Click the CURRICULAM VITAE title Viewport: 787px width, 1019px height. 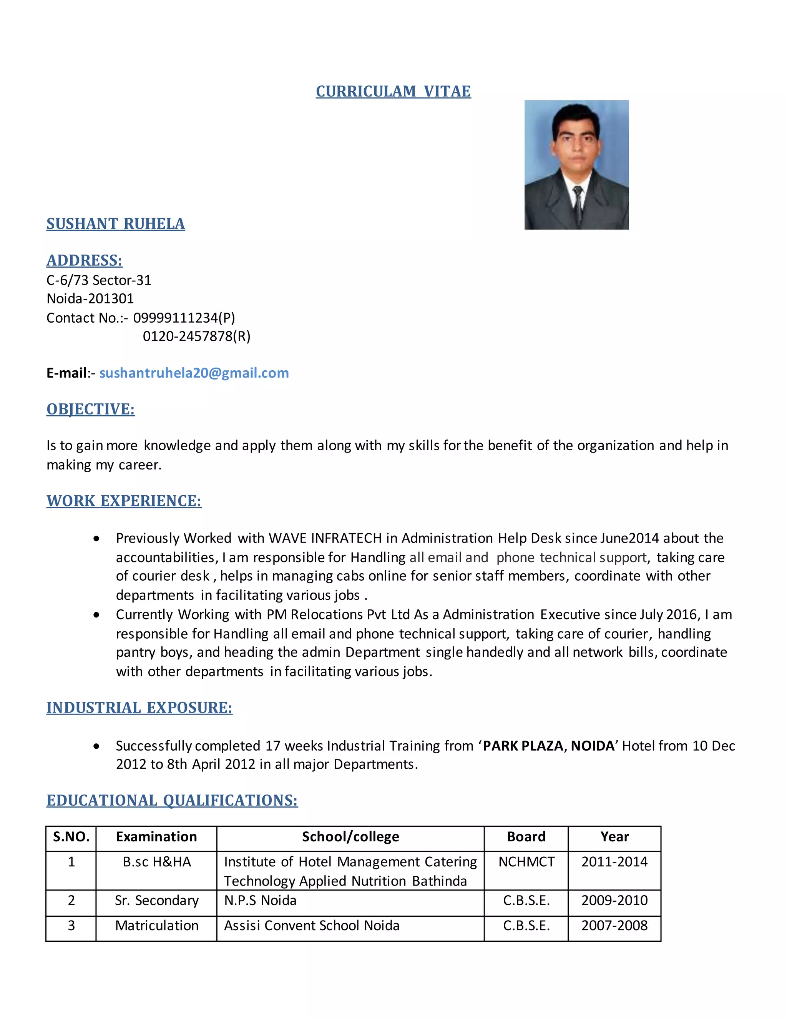[x=393, y=92]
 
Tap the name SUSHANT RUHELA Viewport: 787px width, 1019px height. [x=116, y=224]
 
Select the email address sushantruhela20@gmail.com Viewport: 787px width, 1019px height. [x=194, y=373]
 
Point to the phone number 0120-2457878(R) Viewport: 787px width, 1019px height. [x=196, y=336]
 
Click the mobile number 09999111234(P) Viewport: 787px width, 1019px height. [x=184, y=318]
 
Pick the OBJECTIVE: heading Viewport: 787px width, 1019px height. [x=90, y=409]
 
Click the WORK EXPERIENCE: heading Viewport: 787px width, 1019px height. [x=124, y=501]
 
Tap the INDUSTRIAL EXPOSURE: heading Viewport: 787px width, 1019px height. [x=139, y=708]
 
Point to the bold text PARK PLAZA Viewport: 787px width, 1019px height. [x=523, y=746]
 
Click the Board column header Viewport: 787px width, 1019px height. [x=526, y=837]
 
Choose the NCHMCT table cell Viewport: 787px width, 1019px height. [x=526, y=862]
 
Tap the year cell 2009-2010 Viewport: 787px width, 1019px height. [x=614, y=900]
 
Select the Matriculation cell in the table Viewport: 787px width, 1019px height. [x=157, y=925]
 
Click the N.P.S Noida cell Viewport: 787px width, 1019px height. [x=260, y=900]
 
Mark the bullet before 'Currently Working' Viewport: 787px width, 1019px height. [x=96, y=615]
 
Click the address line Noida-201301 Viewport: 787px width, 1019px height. [x=90, y=299]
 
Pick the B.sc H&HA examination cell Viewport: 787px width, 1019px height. [x=157, y=862]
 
